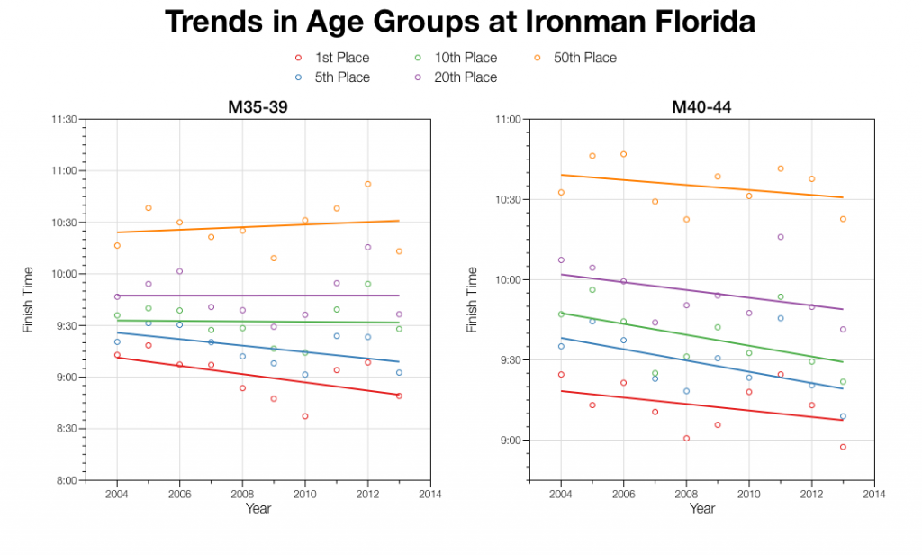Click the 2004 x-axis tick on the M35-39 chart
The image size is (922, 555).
tap(117, 494)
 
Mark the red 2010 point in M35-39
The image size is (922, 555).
tap(305, 416)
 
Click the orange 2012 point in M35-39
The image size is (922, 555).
tap(368, 184)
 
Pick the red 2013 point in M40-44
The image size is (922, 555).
tap(843, 447)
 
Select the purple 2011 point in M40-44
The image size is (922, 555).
tap(781, 237)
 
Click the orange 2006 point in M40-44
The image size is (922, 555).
tap(623, 154)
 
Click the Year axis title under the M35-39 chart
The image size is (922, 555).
tap(258, 509)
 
